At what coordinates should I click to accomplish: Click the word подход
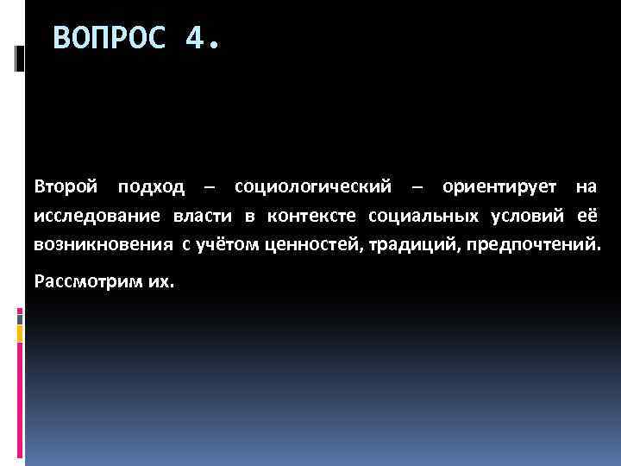[x=153, y=187]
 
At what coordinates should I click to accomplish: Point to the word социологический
[x=313, y=187]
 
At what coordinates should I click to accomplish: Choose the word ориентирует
[x=499, y=187]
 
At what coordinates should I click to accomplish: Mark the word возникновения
[x=103, y=245]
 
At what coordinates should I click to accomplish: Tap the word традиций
[x=405, y=246]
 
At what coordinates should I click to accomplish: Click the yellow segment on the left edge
[x=20, y=314]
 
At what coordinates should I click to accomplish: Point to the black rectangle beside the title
[x=20, y=58]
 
